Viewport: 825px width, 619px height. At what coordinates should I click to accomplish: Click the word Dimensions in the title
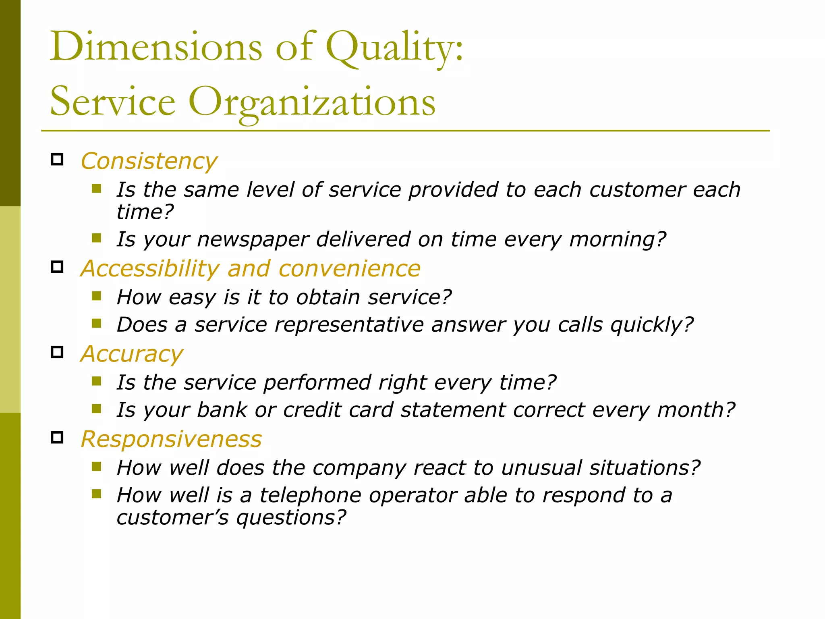point(156,47)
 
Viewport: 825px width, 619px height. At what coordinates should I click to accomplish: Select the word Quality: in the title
point(394,48)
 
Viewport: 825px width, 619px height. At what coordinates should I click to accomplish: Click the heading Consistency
point(149,162)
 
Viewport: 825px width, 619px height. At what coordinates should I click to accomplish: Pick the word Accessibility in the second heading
point(150,269)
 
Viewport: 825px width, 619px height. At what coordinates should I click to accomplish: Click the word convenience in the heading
point(349,269)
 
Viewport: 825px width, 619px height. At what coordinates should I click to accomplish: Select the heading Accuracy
point(132,354)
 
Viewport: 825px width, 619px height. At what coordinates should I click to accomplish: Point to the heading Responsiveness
point(171,439)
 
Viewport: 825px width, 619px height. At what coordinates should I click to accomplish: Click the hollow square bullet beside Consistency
point(57,160)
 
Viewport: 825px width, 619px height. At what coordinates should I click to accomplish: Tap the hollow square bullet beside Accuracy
point(57,352)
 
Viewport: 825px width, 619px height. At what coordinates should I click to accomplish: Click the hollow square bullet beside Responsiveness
point(57,437)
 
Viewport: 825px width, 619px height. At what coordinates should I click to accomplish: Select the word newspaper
point(253,240)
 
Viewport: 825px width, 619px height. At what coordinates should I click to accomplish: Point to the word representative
point(349,325)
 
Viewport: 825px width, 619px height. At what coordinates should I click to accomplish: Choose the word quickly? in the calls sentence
point(652,325)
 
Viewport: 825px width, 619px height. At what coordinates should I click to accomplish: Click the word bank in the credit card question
point(222,410)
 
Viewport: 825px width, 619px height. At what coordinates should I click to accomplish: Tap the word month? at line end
point(696,410)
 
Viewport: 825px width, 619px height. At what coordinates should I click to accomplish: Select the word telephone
point(310,496)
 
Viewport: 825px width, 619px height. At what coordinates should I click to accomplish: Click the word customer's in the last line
point(172,518)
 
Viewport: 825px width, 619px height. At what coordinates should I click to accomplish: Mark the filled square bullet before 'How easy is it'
point(96,297)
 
